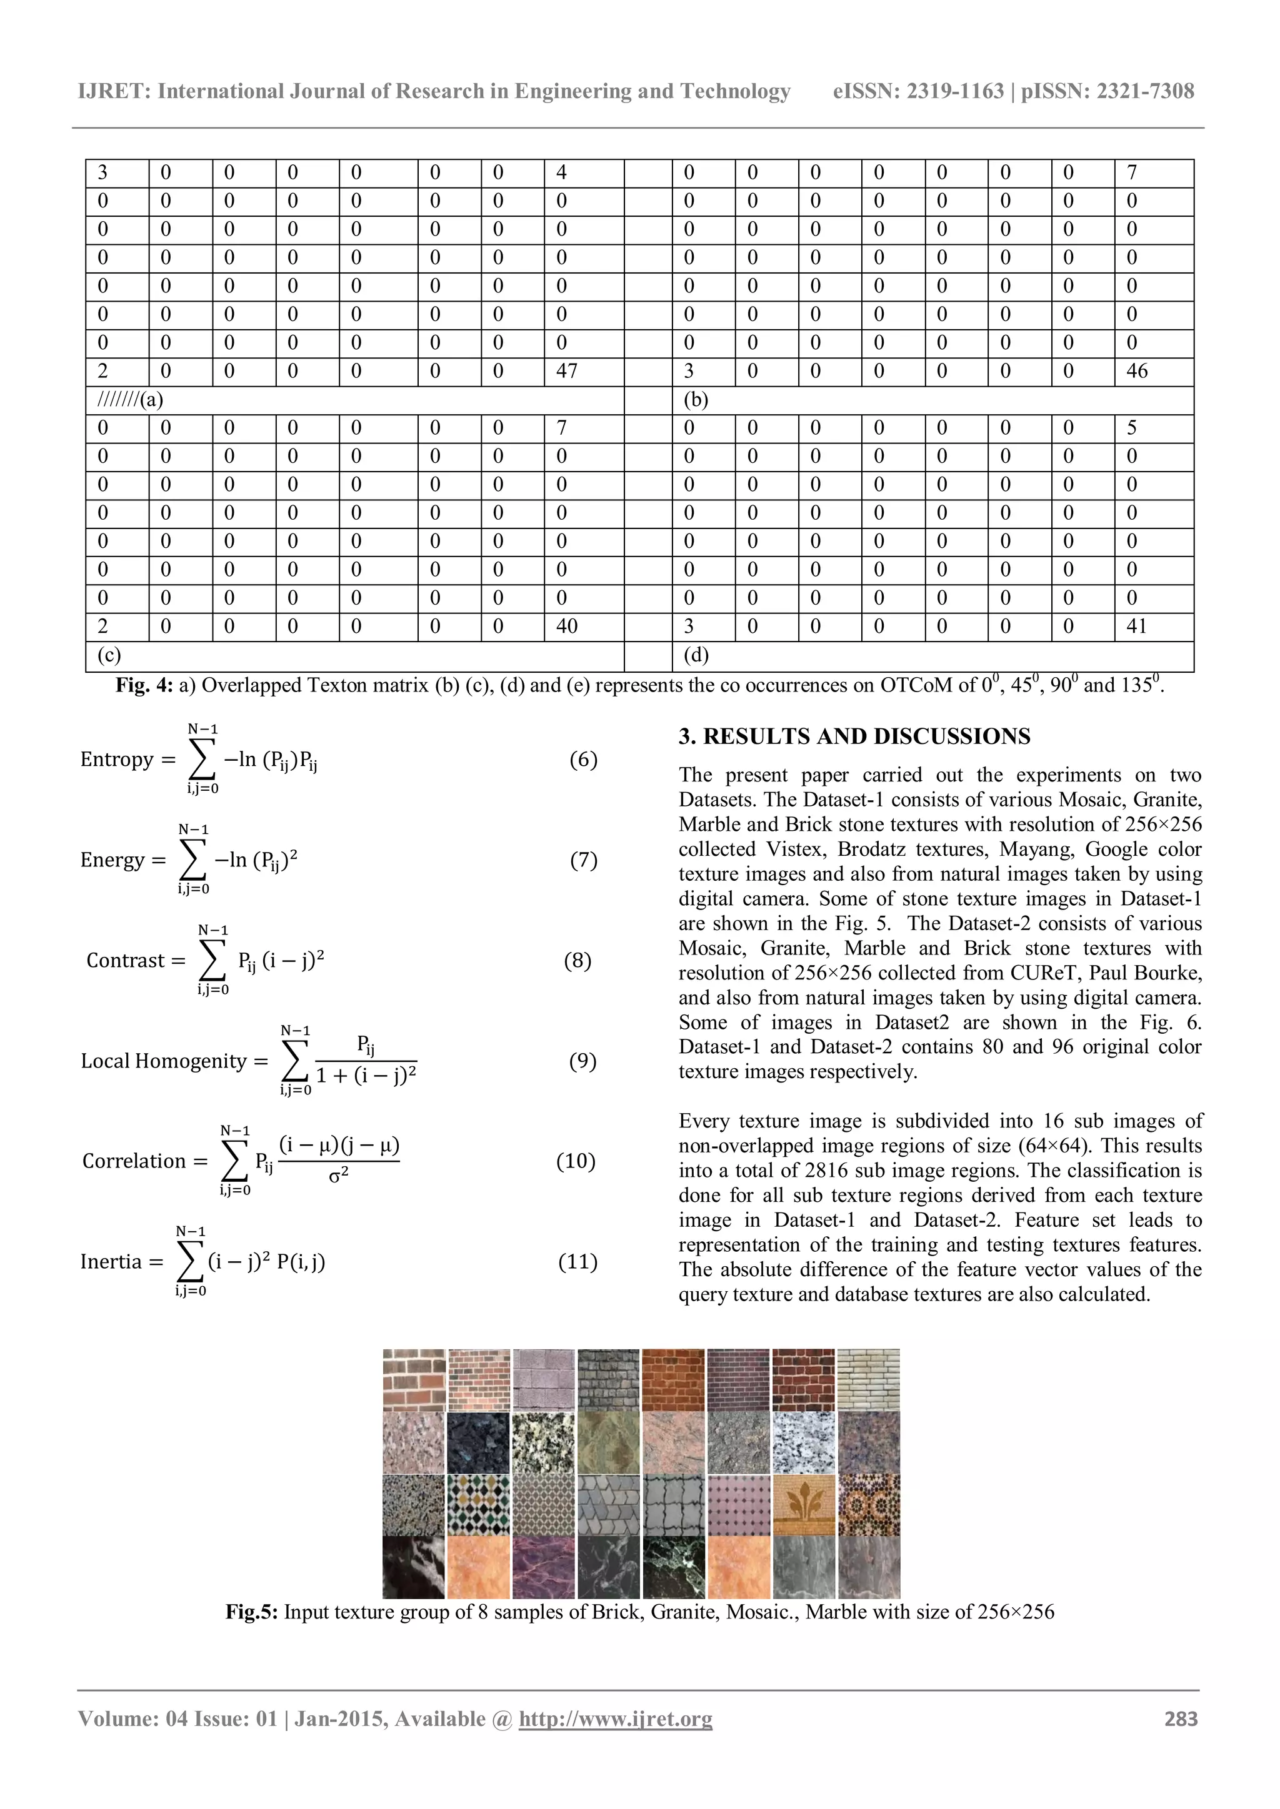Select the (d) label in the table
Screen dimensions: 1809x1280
pyautogui.click(x=696, y=655)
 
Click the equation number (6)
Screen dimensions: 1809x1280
pyautogui.click(x=583, y=760)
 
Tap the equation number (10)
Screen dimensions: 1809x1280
pyautogui.click(x=576, y=1161)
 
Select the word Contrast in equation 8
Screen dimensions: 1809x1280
pyautogui.click(x=126, y=961)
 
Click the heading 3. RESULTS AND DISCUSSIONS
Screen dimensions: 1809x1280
pyautogui.click(x=854, y=736)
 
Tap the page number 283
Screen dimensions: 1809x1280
pyautogui.click(x=1181, y=1718)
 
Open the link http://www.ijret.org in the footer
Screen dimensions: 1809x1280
pyautogui.click(x=615, y=1718)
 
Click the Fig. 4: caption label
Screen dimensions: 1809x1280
pyautogui.click(x=144, y=685)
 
